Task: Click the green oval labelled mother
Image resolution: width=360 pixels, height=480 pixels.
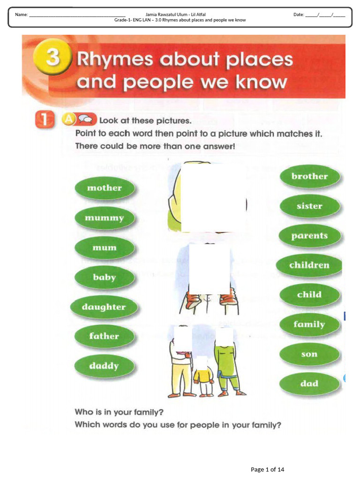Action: coord(105,188)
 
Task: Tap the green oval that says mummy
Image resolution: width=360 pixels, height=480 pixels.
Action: coord(105,218)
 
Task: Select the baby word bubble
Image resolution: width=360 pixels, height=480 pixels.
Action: coord(105,277)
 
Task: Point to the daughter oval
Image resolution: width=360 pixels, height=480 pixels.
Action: coord(104,307)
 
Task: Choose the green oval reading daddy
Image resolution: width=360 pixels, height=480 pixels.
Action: coord(104,366)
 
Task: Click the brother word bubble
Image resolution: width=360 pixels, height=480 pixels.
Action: coord(309,177)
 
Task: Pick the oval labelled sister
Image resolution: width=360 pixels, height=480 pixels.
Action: coord(309,206)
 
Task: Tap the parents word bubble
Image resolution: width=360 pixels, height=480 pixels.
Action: coord(309,236)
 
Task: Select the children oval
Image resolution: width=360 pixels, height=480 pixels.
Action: coord(309,265)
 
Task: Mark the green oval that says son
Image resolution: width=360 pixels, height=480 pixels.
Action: coord(309,354)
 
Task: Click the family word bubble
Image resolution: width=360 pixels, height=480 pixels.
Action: coord(309,324)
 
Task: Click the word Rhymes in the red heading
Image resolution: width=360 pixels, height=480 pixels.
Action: coord(115,60)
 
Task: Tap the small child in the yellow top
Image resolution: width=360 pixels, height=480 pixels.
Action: coord(203,377)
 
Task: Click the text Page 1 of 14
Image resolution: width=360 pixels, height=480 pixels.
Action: coord(268,469)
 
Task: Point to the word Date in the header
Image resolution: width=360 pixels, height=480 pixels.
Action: coord(299,15)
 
